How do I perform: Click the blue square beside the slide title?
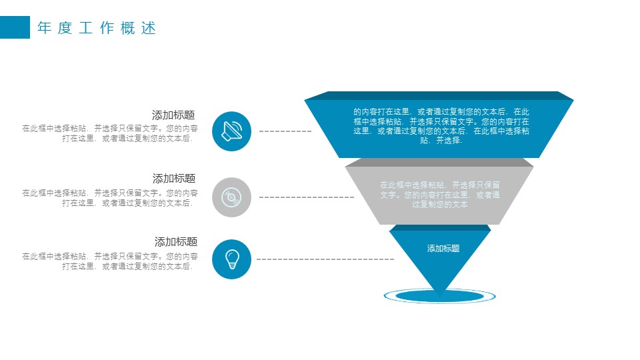[15, 27]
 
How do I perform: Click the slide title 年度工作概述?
[97, 29]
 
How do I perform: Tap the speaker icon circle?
[231, 131]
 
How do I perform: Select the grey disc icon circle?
[231, 197]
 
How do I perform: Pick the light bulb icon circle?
[231, 259]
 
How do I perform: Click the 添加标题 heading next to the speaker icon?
[173, 115]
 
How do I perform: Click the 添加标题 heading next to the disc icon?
[173, 178]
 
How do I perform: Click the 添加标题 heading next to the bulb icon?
[175, 241]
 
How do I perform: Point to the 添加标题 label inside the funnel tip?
[443, 249]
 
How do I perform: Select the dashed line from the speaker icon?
[285, 131]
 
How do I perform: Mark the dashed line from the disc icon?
[306, 197]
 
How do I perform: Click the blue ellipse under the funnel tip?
[439, 295]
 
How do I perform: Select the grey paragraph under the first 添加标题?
[110, 133]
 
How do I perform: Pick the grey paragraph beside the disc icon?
[110, 198]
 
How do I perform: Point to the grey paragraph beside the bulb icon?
[110, 261]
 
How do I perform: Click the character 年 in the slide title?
[45, 29]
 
